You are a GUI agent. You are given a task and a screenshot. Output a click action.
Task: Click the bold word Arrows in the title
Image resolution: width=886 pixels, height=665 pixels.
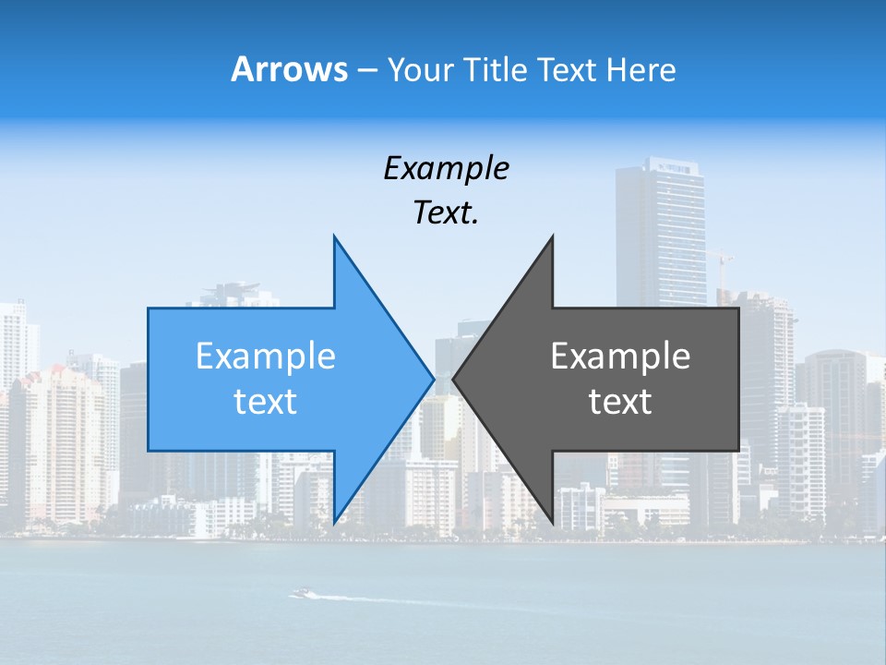(289, 69)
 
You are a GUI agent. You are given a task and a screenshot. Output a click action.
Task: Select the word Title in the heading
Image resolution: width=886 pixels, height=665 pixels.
(497, 69)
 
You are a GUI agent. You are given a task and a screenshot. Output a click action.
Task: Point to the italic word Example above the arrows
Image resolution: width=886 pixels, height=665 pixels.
(447, 168)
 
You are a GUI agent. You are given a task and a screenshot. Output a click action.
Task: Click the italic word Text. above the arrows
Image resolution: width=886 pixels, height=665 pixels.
(447, 213)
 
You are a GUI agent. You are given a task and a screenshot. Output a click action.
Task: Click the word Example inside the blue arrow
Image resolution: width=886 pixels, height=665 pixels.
(266, 357)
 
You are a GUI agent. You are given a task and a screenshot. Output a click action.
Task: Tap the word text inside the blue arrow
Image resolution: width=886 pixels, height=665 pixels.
(266, 402)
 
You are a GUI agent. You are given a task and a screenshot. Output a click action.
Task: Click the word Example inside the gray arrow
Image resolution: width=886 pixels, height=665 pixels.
(620, 357)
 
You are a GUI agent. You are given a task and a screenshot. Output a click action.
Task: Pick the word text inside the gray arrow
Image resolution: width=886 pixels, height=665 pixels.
(620, 402)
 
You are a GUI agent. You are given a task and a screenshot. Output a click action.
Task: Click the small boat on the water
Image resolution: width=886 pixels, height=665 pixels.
(301, 593)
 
